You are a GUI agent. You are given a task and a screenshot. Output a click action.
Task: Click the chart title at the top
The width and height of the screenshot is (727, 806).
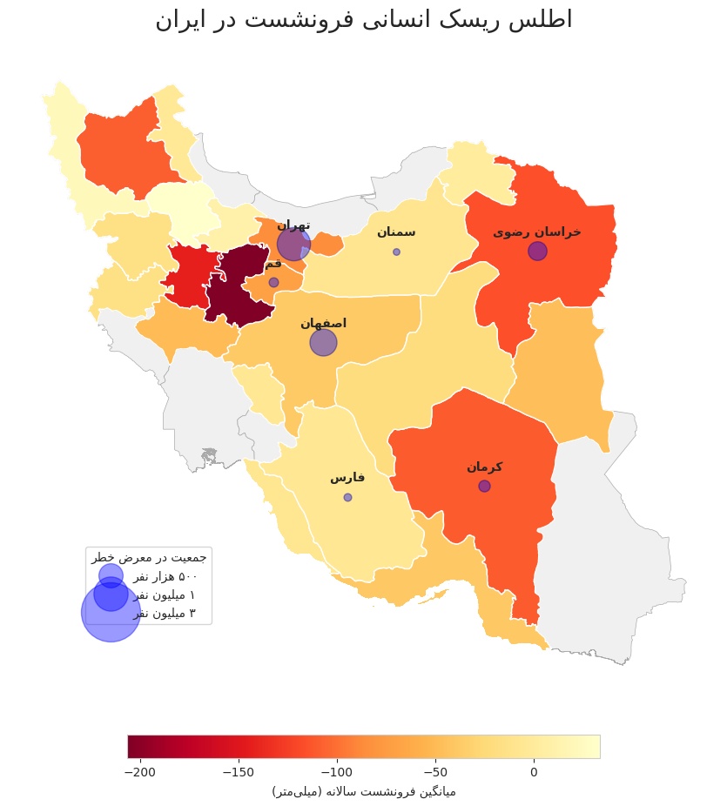point(363,20)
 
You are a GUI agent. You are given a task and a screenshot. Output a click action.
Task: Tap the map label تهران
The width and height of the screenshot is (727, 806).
point(293,225)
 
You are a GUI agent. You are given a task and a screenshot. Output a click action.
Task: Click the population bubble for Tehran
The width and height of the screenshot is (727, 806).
point(293,245)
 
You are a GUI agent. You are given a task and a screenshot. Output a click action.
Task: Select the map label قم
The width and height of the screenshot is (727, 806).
point(273,263)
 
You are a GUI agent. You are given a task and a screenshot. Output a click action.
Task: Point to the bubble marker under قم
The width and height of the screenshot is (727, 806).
point(273,282)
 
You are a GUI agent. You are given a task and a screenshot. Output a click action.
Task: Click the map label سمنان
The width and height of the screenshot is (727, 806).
point(396,232)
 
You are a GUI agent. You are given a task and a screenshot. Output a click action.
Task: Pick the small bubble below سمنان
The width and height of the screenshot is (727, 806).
point(396,252)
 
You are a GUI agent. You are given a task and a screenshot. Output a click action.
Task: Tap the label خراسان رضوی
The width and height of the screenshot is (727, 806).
point(537,232)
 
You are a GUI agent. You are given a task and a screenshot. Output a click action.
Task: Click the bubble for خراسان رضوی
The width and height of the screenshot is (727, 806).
point(537,251)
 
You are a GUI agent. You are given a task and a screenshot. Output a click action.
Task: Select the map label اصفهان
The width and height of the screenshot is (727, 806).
point(323,323)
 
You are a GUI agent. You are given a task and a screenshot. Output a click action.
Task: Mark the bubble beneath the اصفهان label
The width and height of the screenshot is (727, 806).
point(323,342)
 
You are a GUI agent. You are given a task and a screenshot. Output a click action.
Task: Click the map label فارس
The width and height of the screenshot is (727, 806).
point(347,477)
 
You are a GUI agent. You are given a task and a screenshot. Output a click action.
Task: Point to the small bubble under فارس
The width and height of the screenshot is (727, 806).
point(347,497)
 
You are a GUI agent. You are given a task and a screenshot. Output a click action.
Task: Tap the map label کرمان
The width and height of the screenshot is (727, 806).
point(484,467)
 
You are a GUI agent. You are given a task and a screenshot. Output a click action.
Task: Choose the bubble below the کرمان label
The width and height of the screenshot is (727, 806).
point(484,486)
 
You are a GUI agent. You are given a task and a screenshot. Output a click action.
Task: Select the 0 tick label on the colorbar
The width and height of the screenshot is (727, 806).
point(534,772)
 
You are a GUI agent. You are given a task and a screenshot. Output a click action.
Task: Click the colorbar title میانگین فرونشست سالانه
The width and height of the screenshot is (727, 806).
point(363,791)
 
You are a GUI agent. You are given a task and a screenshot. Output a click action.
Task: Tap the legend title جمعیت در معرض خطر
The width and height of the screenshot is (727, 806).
point(149,557)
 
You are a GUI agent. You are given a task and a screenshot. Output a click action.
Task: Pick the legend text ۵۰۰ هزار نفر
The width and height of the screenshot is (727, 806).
point(165,576)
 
